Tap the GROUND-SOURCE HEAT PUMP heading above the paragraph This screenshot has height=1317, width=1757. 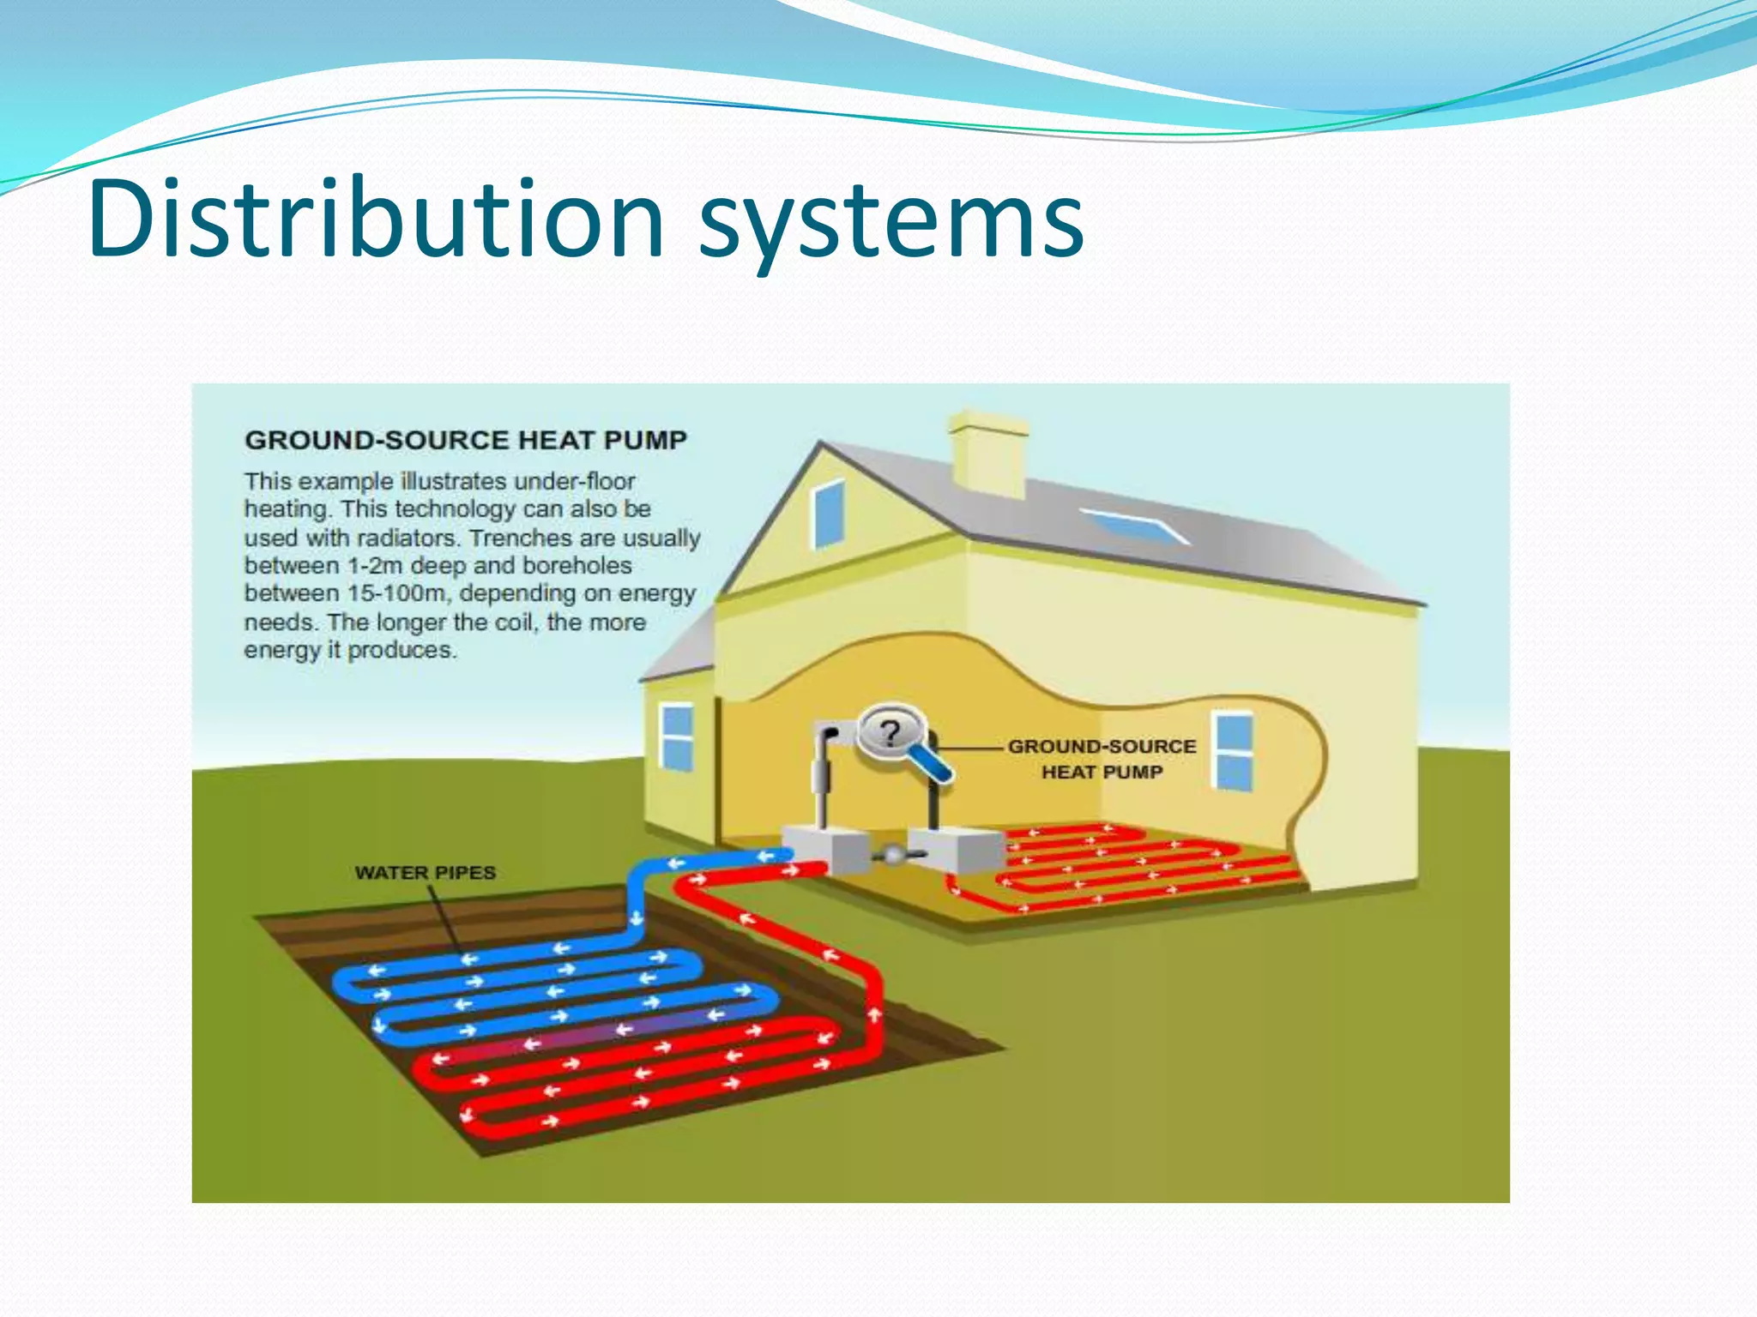[466, 440]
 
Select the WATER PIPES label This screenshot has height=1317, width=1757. [426, 873]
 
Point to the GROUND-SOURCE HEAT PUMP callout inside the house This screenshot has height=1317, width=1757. [1102, 759]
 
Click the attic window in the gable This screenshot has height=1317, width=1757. [829, 513]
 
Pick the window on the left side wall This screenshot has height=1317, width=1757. [678, 737]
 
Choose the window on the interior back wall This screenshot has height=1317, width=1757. [1234, 750]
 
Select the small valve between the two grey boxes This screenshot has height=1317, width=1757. [892, 855]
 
